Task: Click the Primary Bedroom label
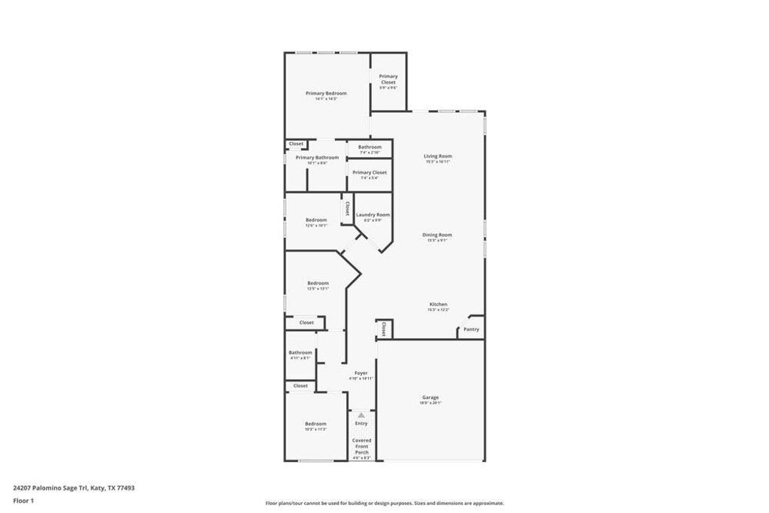[x=326, y=93]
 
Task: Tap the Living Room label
[x=438, y=156]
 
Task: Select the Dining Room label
[x=438, y=235]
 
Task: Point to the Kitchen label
[x=438, y=304]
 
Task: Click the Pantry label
[x=471, y=329]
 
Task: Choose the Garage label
[x=430, y=397]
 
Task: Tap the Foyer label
[x=361, y=373]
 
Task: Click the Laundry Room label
[x=372, y=215]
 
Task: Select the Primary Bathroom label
[x=317, y=158]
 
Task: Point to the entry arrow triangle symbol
[x=361, y=415]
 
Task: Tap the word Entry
[x=361, y=424]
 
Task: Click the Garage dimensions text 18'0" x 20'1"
[x=430, y=403]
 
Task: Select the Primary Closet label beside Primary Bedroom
[x=388, y=79]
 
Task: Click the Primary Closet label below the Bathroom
[x=369, y=173]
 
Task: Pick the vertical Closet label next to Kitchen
[x=384, y=328]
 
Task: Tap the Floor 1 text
[x=24, y=500]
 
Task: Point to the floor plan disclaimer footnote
[x=384, y=503]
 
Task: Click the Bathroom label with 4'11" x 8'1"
[x=300, y=352]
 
